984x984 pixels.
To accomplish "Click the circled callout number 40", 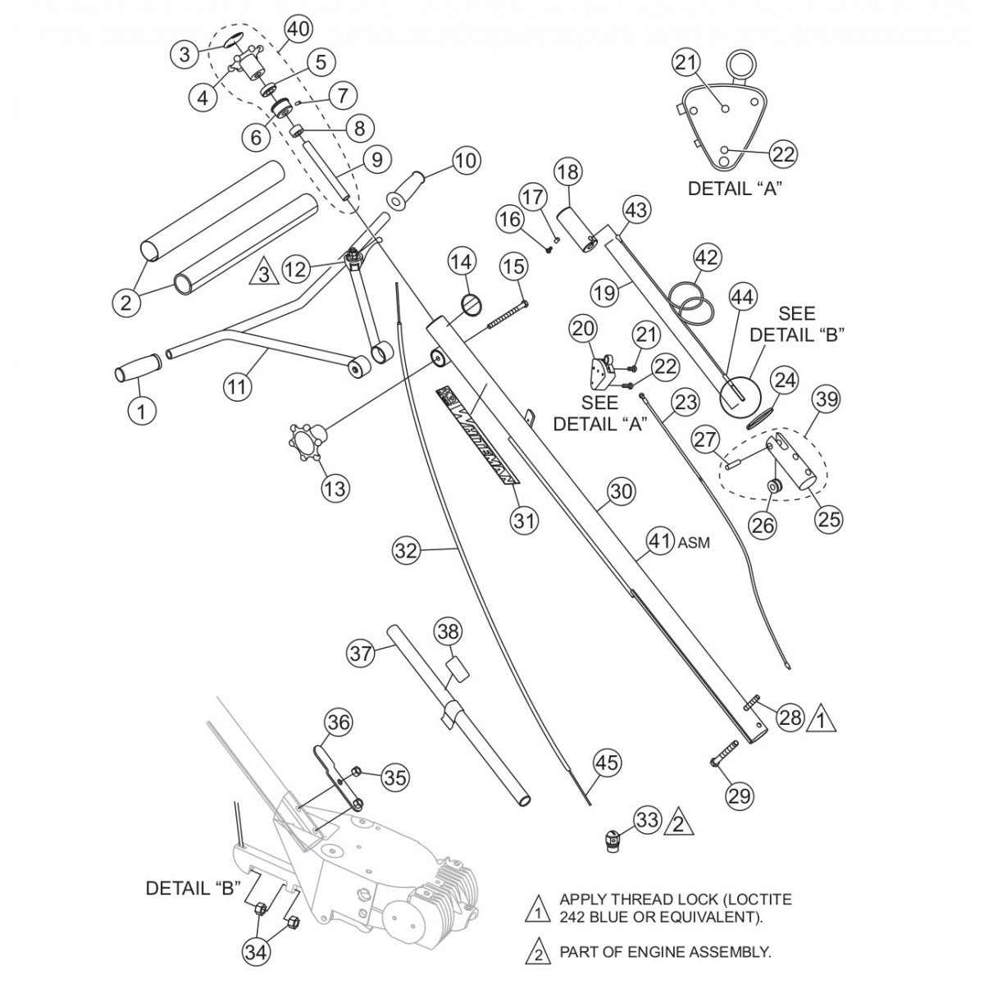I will click(x=298, y=30).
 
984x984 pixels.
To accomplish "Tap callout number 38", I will click(x=449, y=632).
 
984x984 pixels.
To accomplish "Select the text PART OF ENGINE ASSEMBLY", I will click(x=665, y=953).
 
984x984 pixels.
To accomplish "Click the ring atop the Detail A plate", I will click(x=743, y=65).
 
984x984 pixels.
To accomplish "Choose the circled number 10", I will click(x=465, y=162).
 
